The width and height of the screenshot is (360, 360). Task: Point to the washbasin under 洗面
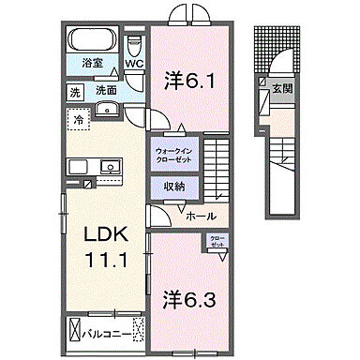104,109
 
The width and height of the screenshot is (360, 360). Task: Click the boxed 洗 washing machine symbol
74,93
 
